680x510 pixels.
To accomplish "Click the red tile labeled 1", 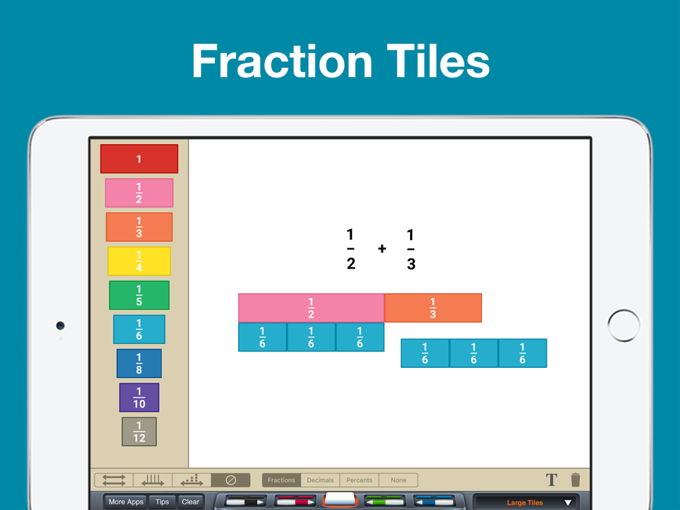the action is pyautogui.click(x=139, y=158).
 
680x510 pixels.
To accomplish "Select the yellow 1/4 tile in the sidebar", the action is pyautogui.click(x=139, y=261).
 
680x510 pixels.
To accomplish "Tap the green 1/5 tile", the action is pyautogui.click(x=139, y=295).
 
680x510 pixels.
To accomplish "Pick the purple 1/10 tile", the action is pyautogui.click(x=139, y=397).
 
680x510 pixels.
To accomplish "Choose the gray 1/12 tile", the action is pyautogui.click(x=139, y=432).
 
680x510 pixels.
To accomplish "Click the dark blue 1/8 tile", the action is pyautogui.click(x=139, y=363).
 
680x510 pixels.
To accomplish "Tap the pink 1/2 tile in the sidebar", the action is pyautogui.click(x=139, y=193).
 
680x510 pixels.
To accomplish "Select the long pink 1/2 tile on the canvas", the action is pyautogui.click(x=311, y=308).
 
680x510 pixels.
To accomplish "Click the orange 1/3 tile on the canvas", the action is pyautogui.click(x=432, y=308).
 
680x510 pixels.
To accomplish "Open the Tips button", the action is pyautogui.click(x=163, y=503).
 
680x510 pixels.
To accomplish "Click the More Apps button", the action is pyautogui.click(x=126, y=503).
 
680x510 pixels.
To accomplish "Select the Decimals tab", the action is pyautogui.click(x=320, y=480).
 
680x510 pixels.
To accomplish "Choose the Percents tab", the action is pyautogui.click(x=359, y=480).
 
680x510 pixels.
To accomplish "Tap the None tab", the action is pyautogui.click(x=398, y=480).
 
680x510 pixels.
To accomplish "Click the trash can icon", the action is pyautogui.click(x=575, y=479).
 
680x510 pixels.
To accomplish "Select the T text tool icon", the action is pyautogui.click(x=551, y=479).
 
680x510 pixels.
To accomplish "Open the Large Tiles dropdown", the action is pyautogui.click(x=525, y=503).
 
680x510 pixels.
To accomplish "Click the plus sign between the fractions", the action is pyautogui.click(x=382, y=248).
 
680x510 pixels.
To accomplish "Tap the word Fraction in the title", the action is pyautogui.click(x=282, y=61).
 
